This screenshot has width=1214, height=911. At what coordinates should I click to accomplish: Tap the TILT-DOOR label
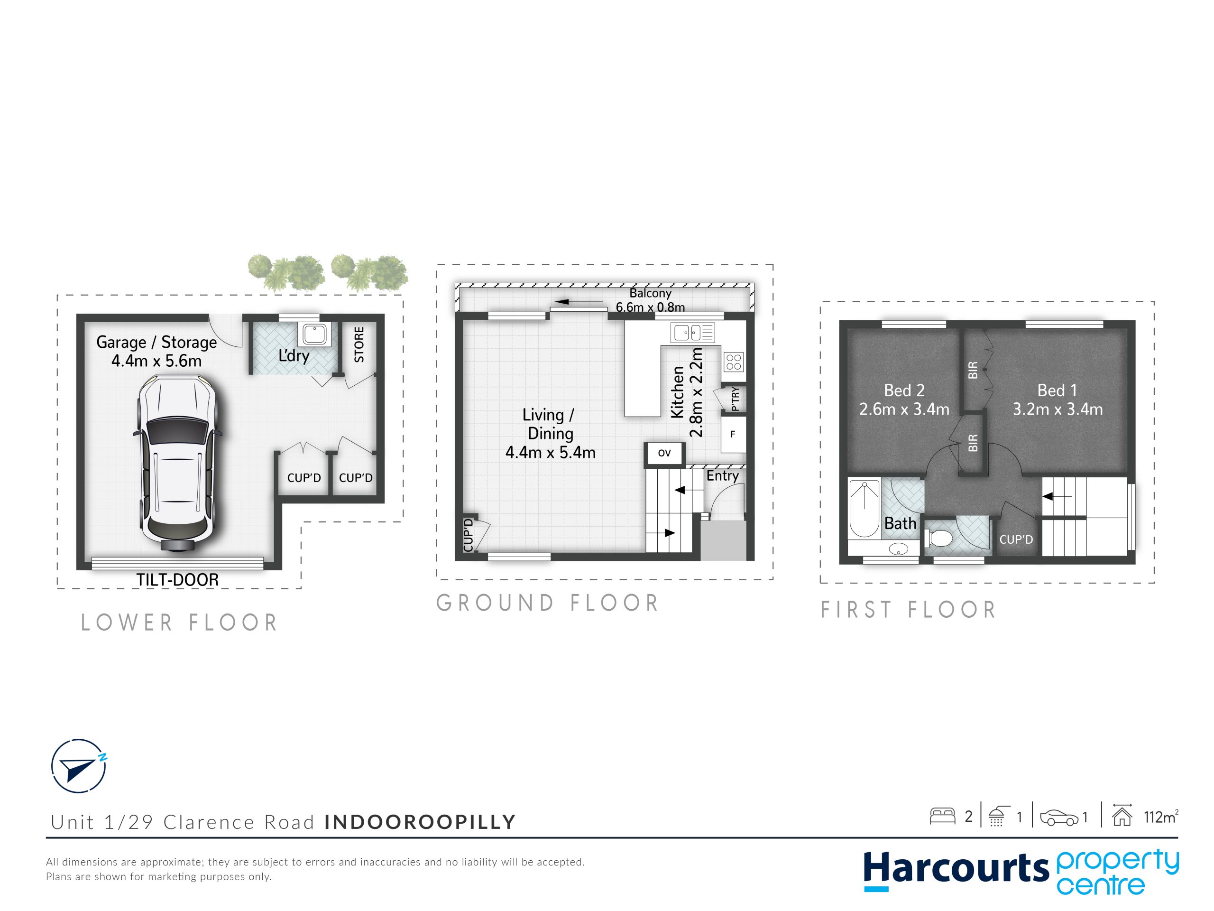tap(177, 580)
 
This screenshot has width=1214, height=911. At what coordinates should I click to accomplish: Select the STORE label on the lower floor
tap(359, 345)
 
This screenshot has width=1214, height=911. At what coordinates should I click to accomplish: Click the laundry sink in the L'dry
tap(314, 335)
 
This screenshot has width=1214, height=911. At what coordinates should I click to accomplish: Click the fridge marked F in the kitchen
tap(733, 434)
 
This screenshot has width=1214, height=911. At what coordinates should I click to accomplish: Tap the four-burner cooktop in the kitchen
tap(734, 362)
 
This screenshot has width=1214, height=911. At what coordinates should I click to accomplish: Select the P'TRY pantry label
tap(736, 399)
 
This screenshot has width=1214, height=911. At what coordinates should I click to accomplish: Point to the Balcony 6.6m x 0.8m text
tap(650, 300)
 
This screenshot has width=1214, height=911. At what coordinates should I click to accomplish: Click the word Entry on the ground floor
tap(722, 475)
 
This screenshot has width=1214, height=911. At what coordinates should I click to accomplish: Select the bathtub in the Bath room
tap(864, 509)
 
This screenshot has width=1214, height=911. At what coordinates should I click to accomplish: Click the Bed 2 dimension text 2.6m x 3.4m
tap(904, 409)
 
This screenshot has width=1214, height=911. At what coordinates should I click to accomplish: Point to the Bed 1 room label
tap(1057, 390)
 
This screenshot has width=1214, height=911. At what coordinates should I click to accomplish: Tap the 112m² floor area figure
tap(1161, 817)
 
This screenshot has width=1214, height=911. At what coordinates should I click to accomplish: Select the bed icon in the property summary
tap(943, 817)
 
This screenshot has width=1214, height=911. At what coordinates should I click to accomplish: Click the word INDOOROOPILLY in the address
tap(420, 822)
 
